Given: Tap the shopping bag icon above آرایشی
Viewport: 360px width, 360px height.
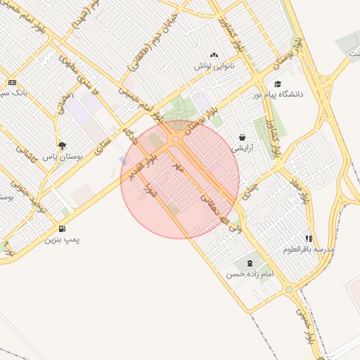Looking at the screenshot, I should point(242,138).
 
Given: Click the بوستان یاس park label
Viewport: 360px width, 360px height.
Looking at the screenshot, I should point(63,157).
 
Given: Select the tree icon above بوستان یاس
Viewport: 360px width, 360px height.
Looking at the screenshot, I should point(63,146).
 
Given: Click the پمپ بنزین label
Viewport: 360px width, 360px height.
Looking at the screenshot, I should point(63,240).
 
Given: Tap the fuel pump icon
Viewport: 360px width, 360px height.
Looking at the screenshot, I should point(63,229).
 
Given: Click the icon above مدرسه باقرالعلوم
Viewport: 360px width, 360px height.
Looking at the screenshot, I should point(309,238).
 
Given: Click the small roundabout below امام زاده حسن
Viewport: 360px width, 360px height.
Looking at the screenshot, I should point(288,289).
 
